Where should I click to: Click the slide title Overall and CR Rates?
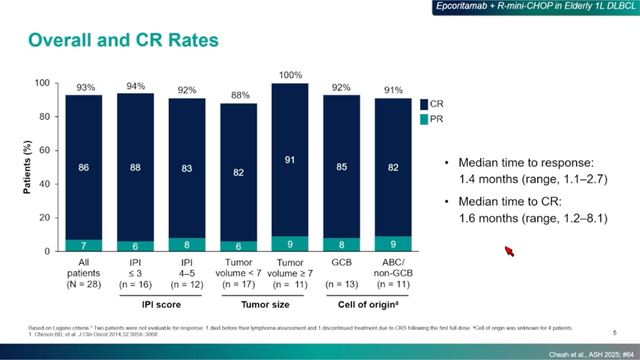pyautogui.click(x=123, y=40)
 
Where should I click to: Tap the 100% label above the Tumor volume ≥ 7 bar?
pyautogui.click(x=290, y=75)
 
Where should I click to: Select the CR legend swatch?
pyautogui.click(x=424, y=104)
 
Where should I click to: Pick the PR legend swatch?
pyautogui.click(x=424, y=119)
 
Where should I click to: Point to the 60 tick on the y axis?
pyautogui.click(x=45, y=150)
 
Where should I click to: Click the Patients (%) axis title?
pyautogui.click(x=27, y=167)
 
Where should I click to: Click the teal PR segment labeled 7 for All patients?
pyautogui.click(x=84, y=246)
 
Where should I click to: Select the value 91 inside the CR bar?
pyautogui.click(x=290, y=160)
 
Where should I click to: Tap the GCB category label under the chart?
pyautogui.click(x=342, y=262)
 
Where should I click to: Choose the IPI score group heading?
pyautogui.click(x=161, y=304)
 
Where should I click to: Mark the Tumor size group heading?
pyautogui.click(x=265, y=304)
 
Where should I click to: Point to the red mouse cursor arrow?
pyautogui.click(x=508, y=251)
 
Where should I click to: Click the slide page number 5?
pyautogui.click(x=615, y=332)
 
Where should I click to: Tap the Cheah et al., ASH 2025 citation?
pyautogui.click(x=591, y=354)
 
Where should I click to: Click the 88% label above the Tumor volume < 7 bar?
pyautogui.click(x=240, y=95)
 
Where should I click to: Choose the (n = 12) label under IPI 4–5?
pyautogui.click(x=187, y=284)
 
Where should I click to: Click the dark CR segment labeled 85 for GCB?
pyautogui.click(x=342, y=167)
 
